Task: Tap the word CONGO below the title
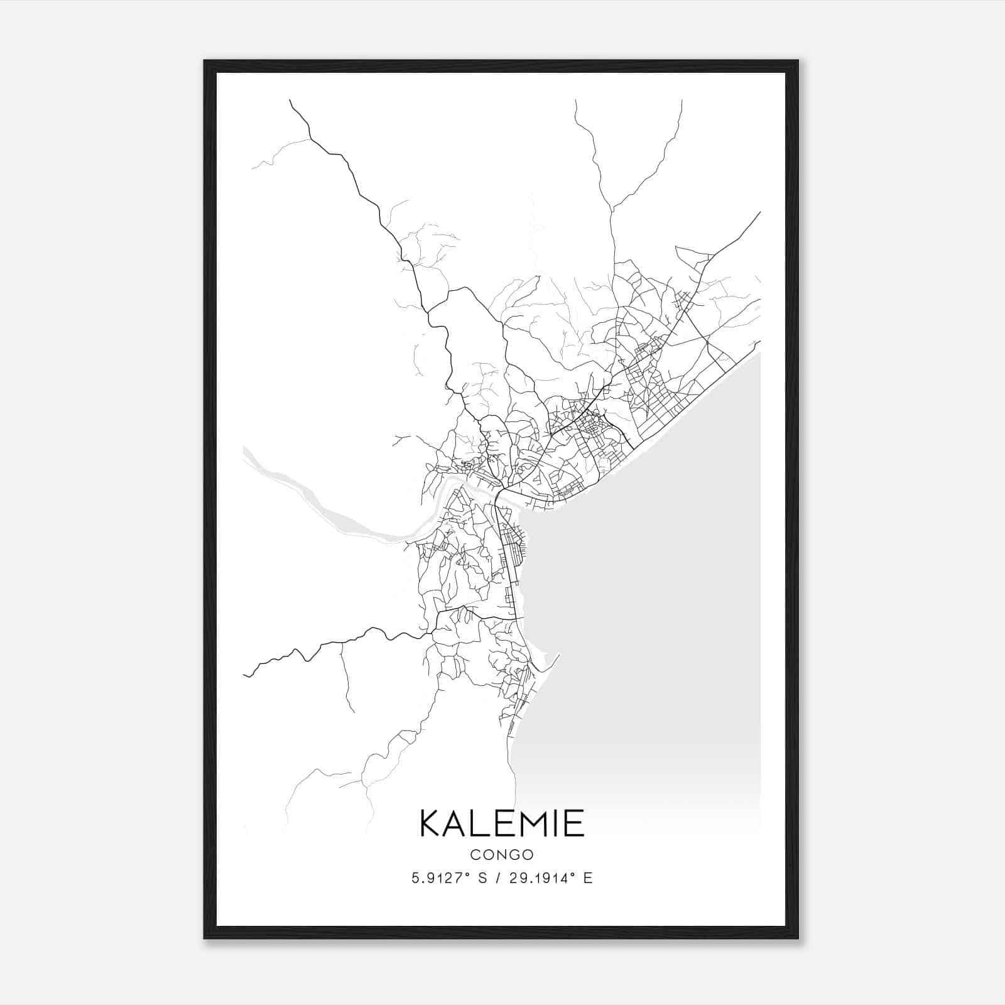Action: pos(501,855)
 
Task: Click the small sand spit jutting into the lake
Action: pos(553,660)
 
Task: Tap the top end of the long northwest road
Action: pos(290,100)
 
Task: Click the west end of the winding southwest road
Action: pos(244,676)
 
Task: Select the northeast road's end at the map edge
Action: pos(759,213)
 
